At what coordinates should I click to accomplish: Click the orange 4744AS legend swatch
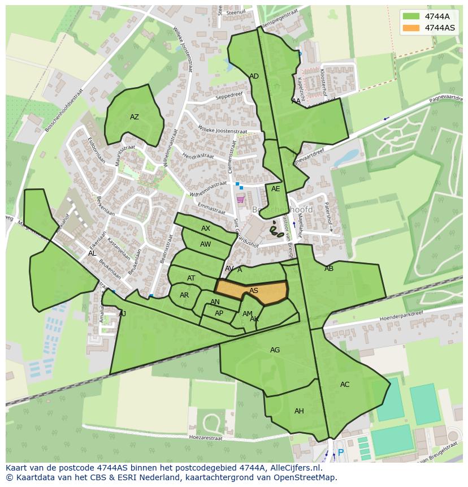411,28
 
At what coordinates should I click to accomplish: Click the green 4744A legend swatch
411,16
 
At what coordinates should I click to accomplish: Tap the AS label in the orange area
254,291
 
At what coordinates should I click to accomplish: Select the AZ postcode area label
134,117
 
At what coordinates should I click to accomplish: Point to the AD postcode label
254,76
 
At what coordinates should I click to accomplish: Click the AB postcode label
328,269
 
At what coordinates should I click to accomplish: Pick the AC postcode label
344,385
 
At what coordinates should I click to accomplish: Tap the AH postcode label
299,411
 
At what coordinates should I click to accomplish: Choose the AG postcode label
275,350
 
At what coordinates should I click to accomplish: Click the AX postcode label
206,229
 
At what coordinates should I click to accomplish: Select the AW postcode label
206,244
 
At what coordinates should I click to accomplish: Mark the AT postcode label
191,278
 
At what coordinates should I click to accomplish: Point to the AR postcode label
184,295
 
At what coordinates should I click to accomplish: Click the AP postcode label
219,313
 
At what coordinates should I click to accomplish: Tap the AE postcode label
275,189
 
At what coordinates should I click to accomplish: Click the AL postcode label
92,253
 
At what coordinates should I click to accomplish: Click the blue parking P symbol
340,453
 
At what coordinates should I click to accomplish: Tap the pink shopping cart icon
240,199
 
